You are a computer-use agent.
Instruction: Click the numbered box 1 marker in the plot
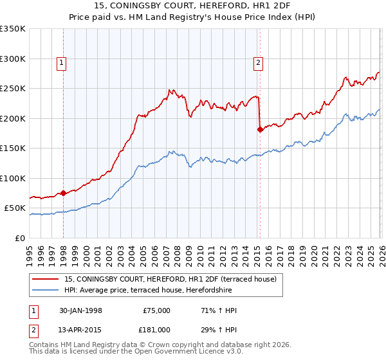pos(61,62)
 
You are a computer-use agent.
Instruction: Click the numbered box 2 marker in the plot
pos(258,62)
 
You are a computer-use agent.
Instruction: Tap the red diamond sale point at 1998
pos(64,193)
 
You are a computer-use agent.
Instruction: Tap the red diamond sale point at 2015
pos(260,129)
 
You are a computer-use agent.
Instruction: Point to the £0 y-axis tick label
pos(19,239)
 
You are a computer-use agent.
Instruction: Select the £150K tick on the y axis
pos(13,148)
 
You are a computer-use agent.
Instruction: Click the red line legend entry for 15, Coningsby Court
pos(170,279)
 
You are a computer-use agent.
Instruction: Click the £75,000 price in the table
pos(156,310)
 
